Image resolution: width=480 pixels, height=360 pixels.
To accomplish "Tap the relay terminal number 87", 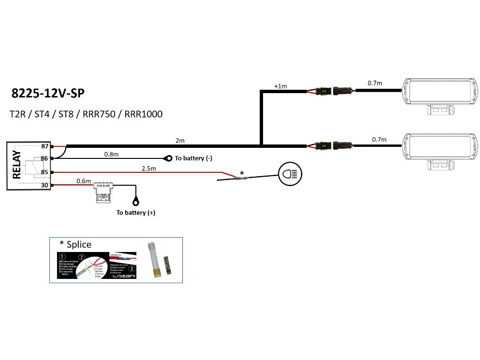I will [x=45, y=146].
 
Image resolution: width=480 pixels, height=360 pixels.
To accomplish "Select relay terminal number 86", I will [x=45, y=158].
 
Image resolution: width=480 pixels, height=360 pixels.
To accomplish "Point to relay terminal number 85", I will [x=45, y=172].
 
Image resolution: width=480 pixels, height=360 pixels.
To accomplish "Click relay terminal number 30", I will [x=45, y=185].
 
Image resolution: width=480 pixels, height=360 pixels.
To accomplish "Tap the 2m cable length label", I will [x=180, y=141].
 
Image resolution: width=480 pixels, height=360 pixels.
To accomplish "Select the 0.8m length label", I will [x=111, y=155].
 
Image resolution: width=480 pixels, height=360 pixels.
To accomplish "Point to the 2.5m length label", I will [x=148, y=168].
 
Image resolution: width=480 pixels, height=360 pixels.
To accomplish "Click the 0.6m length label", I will [x=84, y=181].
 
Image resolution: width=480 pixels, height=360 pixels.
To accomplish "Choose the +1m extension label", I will [x=281, y=86].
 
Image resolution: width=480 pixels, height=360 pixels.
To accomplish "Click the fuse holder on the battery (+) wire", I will [x=105, y=192].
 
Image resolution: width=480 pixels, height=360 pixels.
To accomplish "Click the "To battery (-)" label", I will [x=193, y=158].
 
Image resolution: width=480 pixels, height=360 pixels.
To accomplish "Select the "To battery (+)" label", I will [x=136, y=213].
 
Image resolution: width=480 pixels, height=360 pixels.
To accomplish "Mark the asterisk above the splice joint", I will [x=241, y=173].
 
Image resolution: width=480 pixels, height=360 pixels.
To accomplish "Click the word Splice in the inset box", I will [x=79, y=244].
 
